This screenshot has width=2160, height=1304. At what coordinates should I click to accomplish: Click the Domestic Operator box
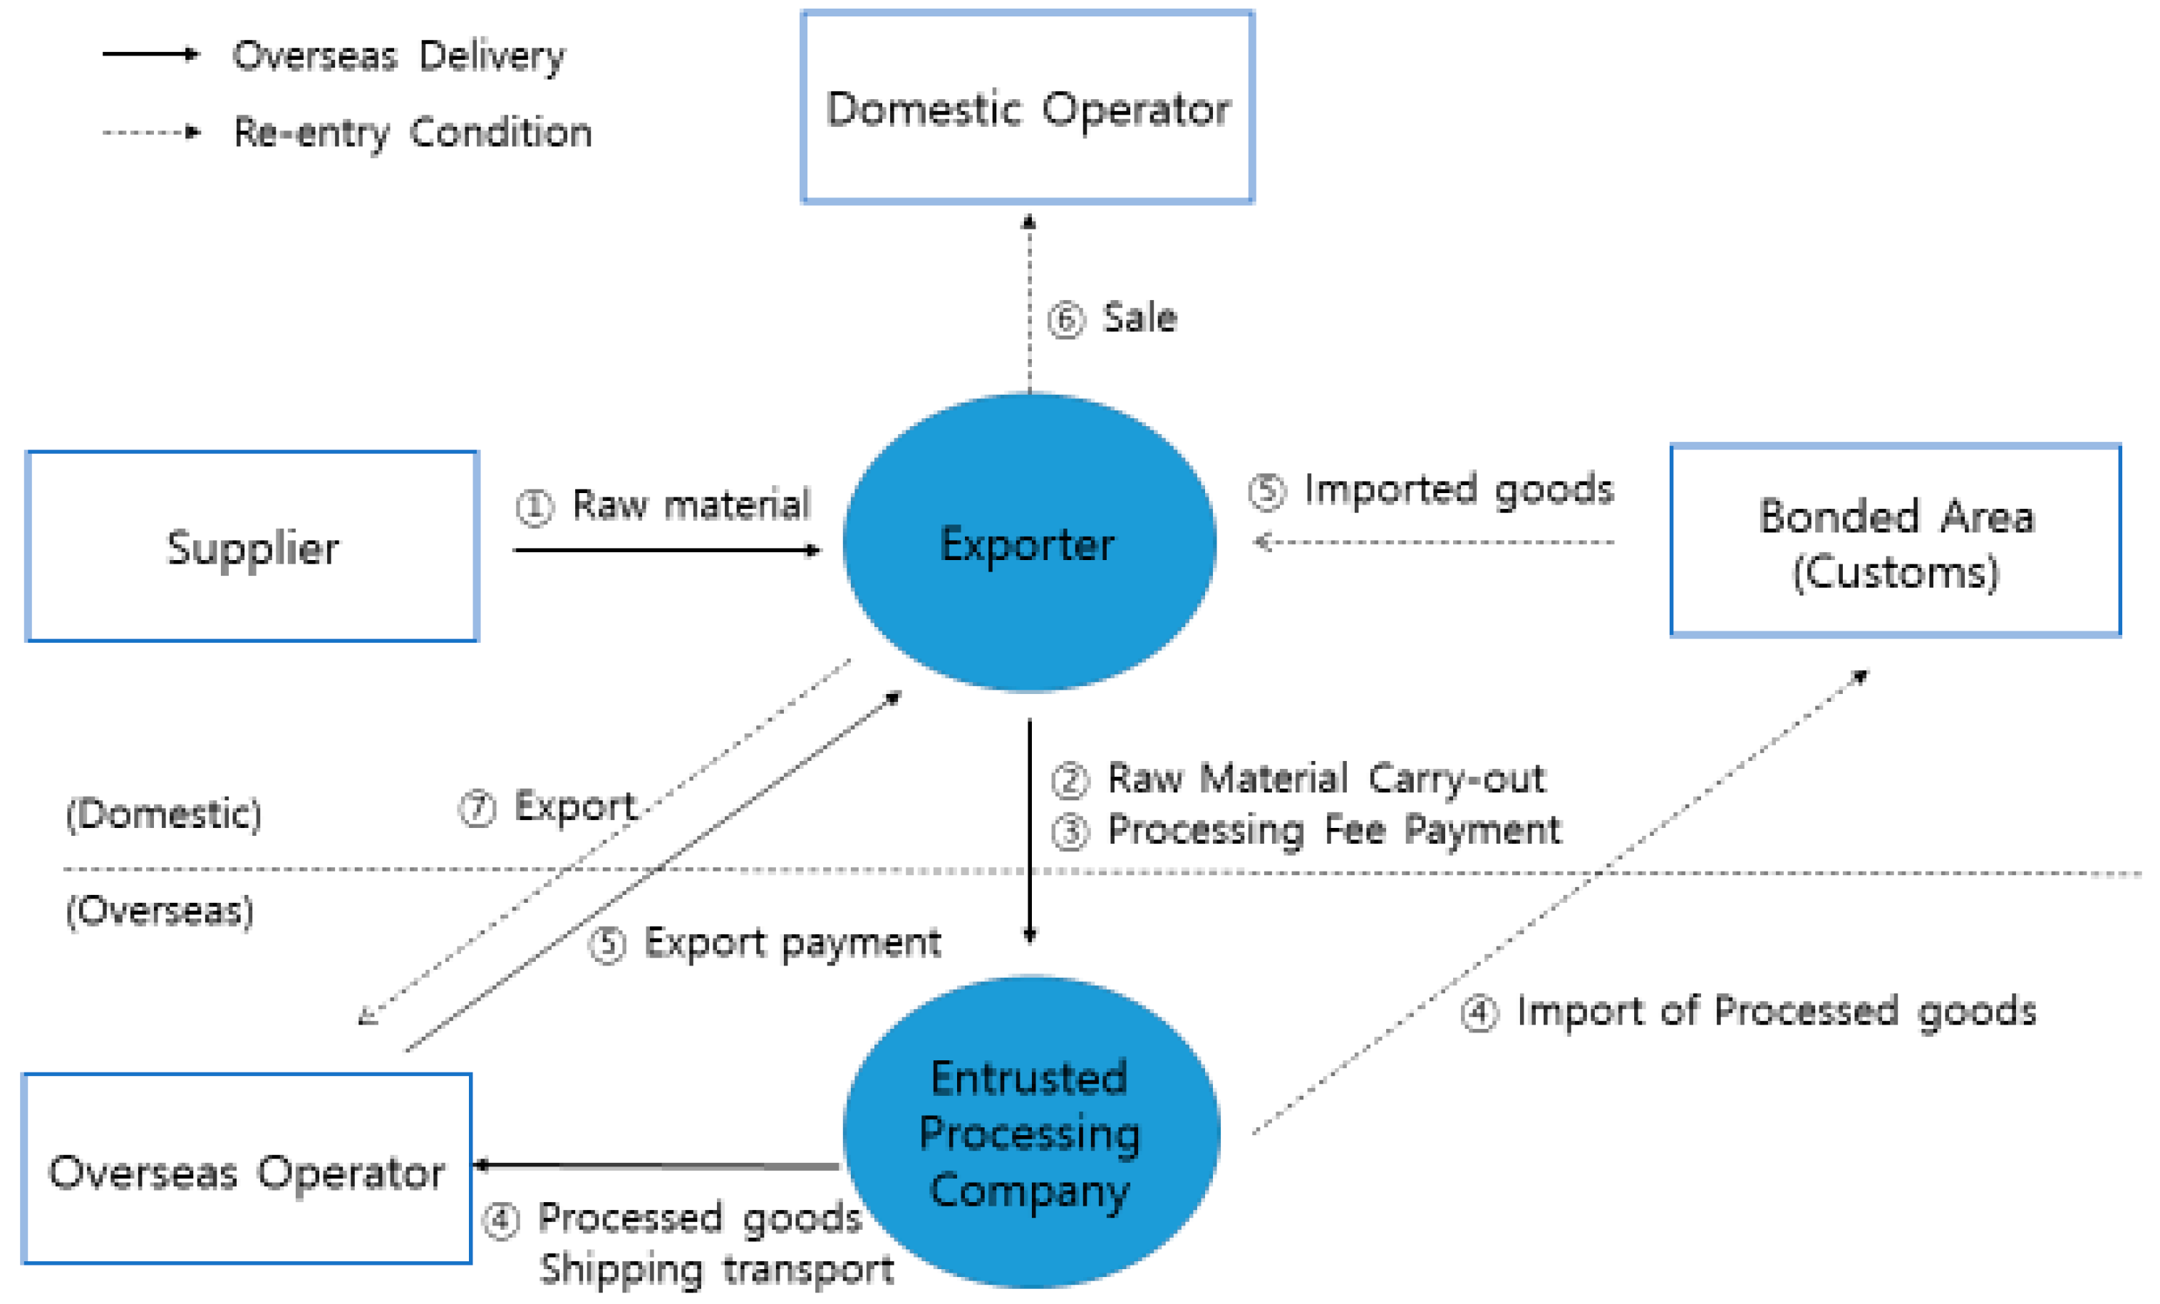click(x=1028, y=107)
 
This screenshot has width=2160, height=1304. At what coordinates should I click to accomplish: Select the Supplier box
click(x=252, y=547)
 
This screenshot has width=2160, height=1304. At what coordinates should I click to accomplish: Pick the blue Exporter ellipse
click(x=1028, y=543)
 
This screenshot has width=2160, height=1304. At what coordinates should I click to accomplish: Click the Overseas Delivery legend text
click(x=399, y=56)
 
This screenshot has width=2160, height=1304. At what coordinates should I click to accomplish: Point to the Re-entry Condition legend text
click(x=412, y=133)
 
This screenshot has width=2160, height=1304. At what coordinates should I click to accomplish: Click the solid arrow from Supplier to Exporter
click(x=666, y=550)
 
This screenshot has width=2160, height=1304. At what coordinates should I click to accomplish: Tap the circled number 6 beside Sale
click(x=1066, y=319)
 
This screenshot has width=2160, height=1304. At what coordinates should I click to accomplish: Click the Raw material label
click(x=691, y=504)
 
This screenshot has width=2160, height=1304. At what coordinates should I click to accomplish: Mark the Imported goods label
click(x=1458, y=489)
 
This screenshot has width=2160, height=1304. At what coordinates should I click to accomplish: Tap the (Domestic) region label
click(x=164, y=814)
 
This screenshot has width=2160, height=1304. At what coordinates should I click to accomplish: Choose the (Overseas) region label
click(x=160, y=911)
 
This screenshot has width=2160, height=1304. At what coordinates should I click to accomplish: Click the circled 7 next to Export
click(x=477, y=808)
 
